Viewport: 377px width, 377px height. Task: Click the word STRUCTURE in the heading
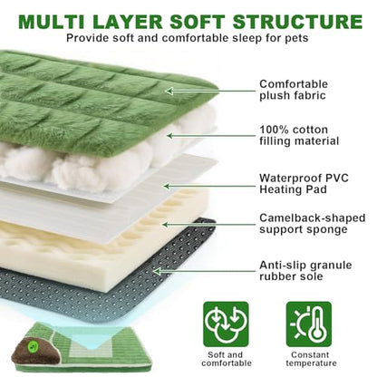click(x=297, y=21)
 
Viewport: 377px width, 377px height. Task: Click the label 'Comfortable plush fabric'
click(x=294, y=90)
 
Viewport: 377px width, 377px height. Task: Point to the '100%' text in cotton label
click(x=274, y=130)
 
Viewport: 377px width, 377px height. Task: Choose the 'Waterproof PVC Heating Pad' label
click(x=304, y=184)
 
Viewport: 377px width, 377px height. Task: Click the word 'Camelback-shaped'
click(x=313, y=218)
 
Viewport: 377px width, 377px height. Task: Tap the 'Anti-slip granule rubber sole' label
click(x=305, y=271)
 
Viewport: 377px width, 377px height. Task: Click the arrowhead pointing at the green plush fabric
click(x=169, y=91)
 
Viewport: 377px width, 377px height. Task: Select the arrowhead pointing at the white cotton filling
click(x=170, y=136)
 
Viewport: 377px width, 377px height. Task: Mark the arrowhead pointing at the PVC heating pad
click(x=167, y=186)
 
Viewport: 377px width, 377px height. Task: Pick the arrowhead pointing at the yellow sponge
click(x=165, y=225)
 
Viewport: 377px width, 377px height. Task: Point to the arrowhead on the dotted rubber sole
click(x=157, y=271)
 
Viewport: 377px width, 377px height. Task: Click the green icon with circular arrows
click(x=226, y=324)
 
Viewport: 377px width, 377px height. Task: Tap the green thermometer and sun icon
click(x=309, y=324)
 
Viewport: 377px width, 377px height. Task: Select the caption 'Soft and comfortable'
click(x=227, y=359)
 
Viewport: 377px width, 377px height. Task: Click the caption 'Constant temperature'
click(x=311, y=359)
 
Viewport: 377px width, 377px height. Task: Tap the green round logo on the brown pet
click(x=31, y=345)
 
